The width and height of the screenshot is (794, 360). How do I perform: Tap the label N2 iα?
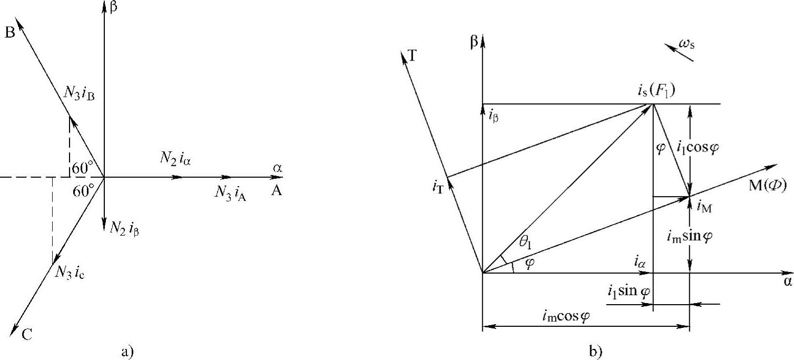175,157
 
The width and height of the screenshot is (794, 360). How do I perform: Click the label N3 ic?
70,273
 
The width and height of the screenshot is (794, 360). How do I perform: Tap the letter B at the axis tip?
9,33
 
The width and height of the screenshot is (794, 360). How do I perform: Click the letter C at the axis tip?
27,333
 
